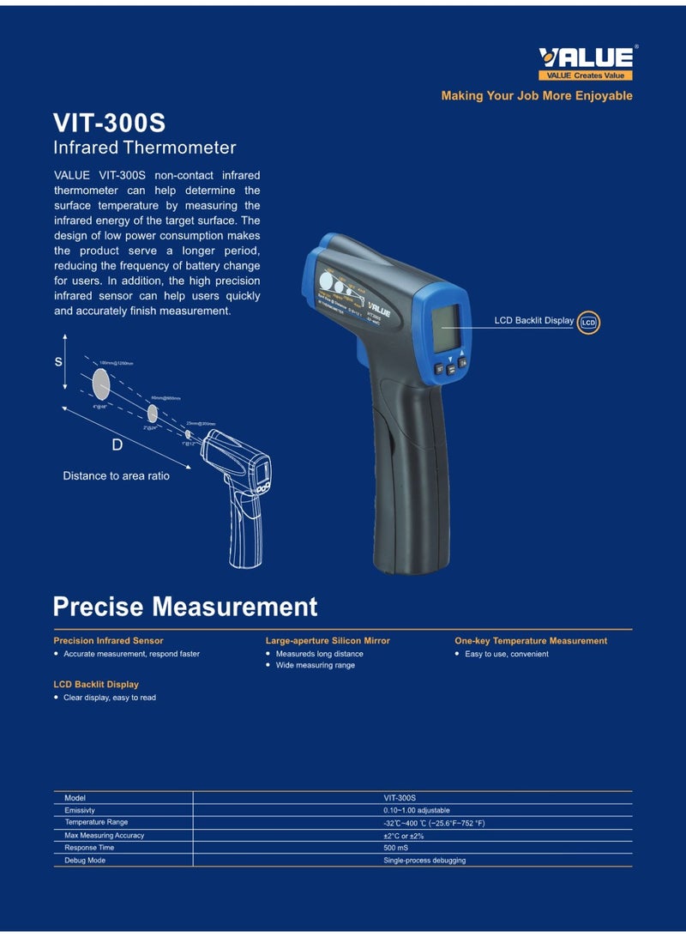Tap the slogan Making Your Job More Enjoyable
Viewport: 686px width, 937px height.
point(537,96)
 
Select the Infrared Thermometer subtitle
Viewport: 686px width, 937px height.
point(144,148)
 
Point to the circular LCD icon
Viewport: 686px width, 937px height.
point(588,323)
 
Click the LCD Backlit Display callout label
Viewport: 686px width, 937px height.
point(533,321)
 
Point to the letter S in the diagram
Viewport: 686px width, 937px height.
point(58,362)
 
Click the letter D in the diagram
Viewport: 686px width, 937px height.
point(117,444)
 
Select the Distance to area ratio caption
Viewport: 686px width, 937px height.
point(116,475)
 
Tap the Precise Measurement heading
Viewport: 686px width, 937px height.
point(184,607)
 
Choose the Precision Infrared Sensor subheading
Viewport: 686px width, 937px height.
point(108,641)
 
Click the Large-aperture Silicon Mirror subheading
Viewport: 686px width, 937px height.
point(328,641)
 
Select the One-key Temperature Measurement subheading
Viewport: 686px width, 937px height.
point(530,641)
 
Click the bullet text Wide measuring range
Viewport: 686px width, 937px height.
point(315,665)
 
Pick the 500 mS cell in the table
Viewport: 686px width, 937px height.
point(395,848)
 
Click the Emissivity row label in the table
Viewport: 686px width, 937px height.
point(80,810)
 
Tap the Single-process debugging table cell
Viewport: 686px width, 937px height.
point(424,860)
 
